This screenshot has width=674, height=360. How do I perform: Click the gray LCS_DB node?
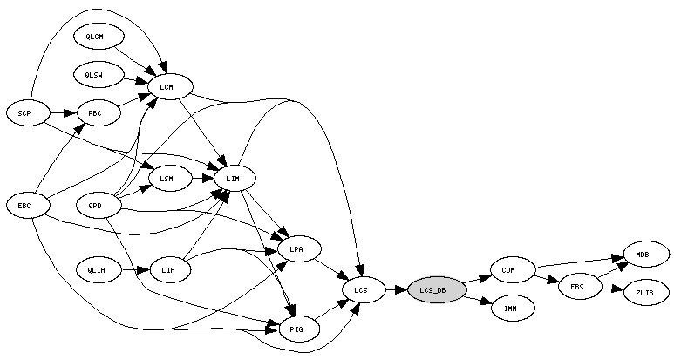point(437,290)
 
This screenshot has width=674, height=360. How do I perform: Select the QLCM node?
point(99,37)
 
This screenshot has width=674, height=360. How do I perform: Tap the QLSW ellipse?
point(99,75)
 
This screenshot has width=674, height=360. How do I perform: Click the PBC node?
point(99,113)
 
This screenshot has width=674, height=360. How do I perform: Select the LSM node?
point(170,179)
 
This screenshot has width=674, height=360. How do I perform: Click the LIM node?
point(235,179)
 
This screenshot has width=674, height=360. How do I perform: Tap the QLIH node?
point(99,270)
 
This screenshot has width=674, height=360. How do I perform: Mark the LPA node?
point(299,248)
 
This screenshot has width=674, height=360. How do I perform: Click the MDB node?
point(646,255)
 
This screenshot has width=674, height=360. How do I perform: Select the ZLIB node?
point(646,293)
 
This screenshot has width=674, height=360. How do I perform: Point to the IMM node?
point(513,308)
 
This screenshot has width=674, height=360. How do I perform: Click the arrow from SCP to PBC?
point(64,113)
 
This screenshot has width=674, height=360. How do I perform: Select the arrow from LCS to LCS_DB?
point(397,290)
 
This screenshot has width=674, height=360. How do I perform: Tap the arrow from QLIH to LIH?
point(135,270)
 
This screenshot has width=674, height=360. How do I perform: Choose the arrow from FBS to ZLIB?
point(613,289)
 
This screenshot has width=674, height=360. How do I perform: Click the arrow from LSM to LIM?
point(203,179)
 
